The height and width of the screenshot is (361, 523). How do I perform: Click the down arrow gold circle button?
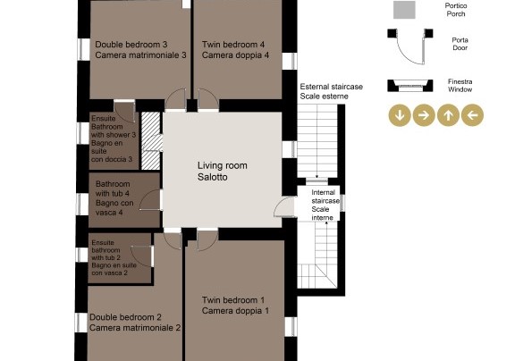coord(400,115)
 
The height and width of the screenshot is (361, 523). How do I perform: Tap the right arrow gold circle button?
coord(424,115)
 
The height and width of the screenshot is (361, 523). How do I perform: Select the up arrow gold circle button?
coord(448,115)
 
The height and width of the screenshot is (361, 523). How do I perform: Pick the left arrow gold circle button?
coord(472,115)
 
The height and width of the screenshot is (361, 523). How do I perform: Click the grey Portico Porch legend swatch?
coord(404,10)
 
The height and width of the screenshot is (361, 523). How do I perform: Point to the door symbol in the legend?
coord(410,46)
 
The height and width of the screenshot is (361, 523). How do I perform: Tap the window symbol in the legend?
coord(410,86)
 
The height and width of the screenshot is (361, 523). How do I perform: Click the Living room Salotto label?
coord(222,172)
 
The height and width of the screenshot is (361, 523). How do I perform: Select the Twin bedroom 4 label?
coord(235,50)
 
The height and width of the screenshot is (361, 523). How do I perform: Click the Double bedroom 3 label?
coord(140,50)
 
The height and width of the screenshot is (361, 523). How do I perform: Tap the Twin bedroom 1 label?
coord(235,306)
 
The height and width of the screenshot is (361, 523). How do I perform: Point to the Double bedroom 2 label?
coord(135,323)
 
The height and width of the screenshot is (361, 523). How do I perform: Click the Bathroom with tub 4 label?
coord(114,198)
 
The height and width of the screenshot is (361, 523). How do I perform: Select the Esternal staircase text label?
coord(331,91)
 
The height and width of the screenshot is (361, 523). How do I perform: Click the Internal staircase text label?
coord(325,205)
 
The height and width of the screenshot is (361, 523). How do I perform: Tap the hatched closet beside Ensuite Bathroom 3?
coord(151,140)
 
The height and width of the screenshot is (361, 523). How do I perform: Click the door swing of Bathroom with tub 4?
coord(150,200)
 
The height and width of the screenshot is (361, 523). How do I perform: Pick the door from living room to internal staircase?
coord(284,207)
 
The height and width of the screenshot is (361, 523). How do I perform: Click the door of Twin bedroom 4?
coord(208,99)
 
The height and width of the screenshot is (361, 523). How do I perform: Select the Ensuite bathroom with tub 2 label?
coord(114,257)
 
